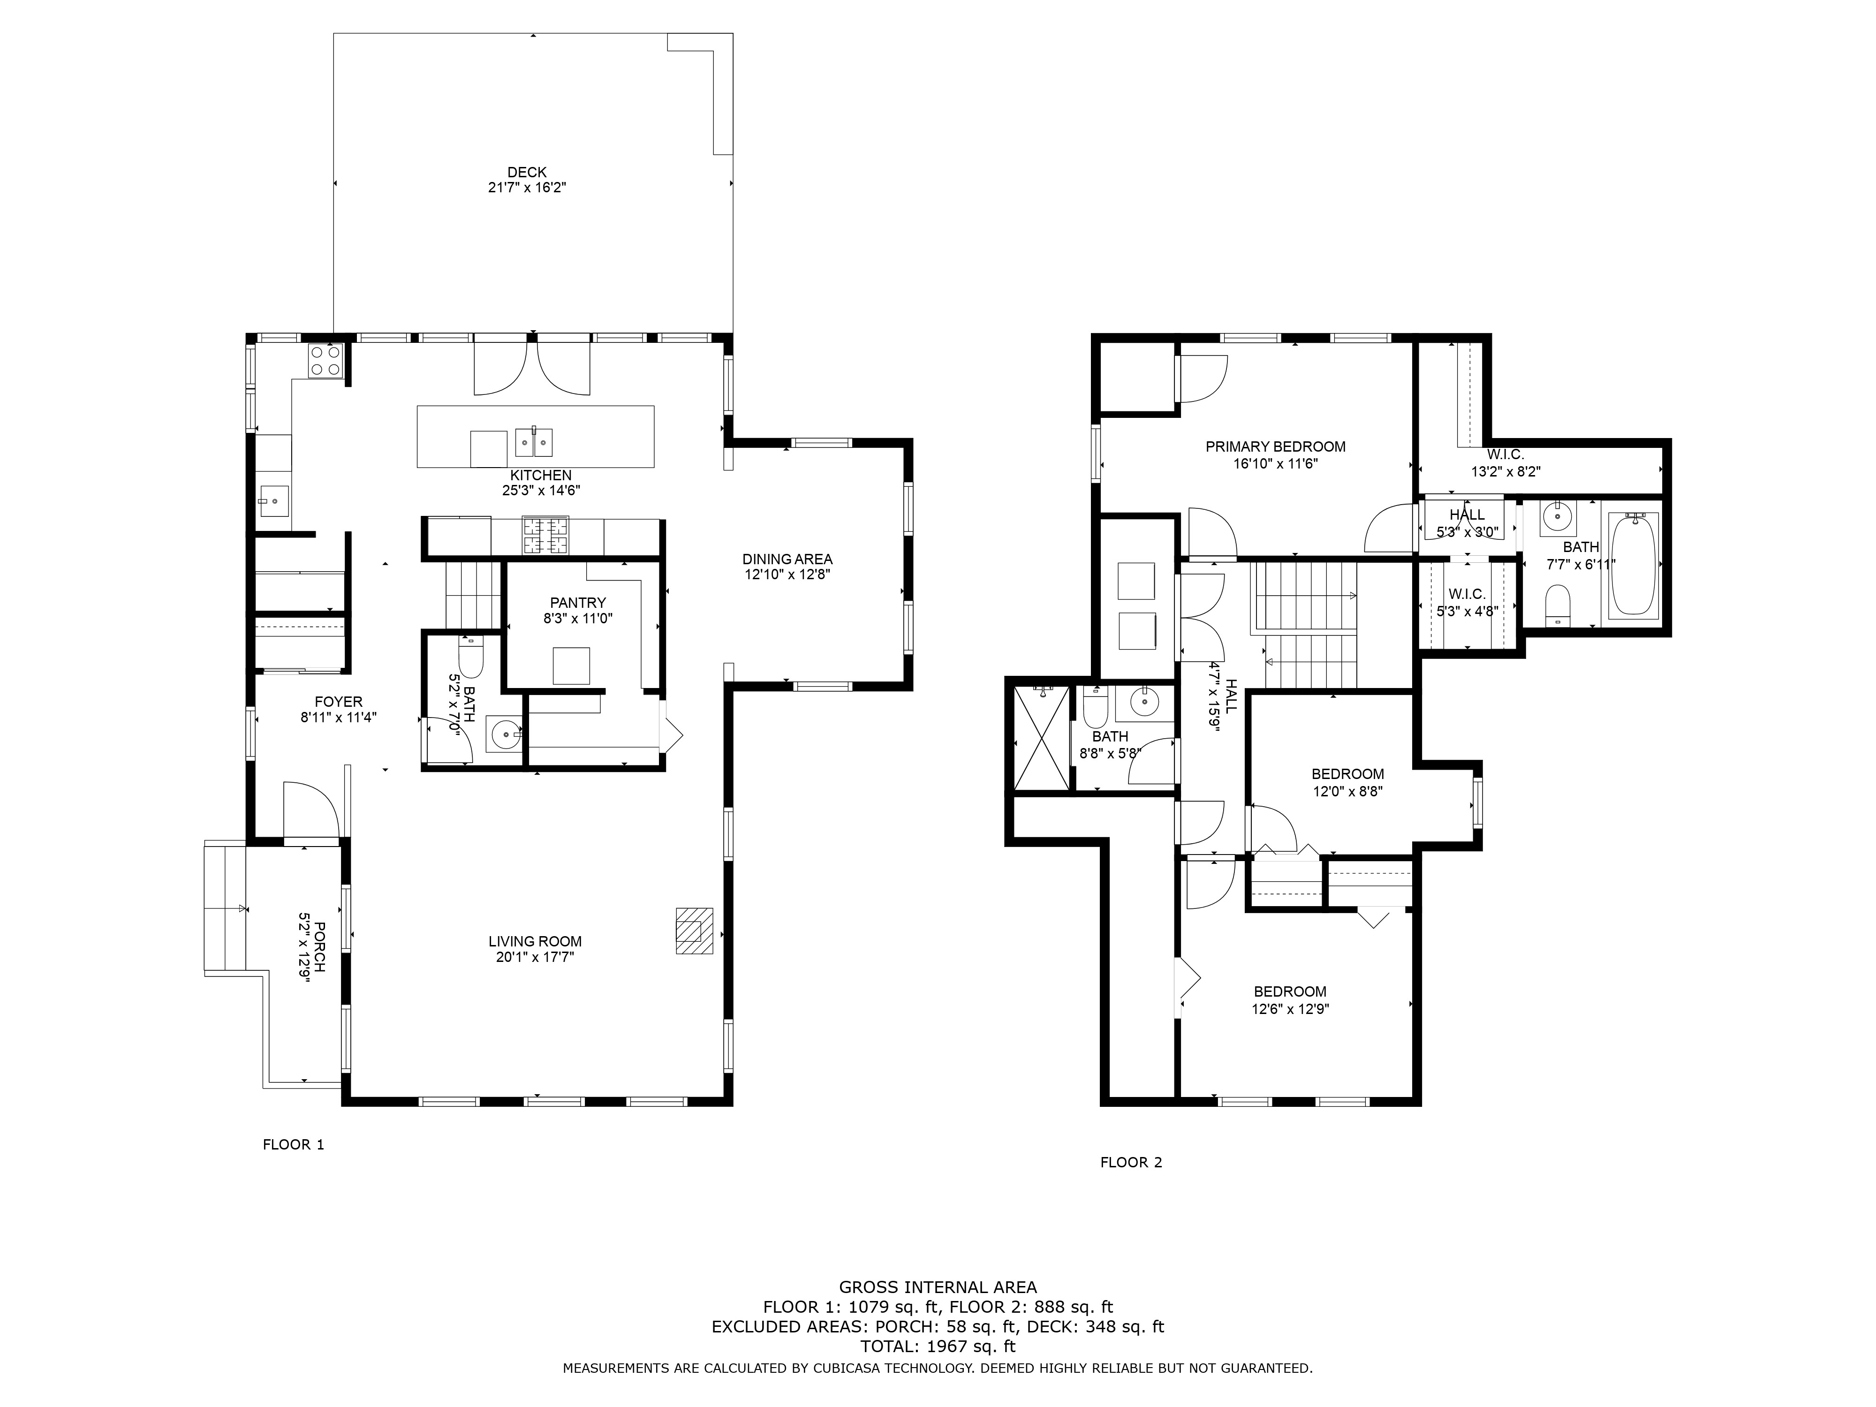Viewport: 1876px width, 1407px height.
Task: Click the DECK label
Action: tap(527, 172)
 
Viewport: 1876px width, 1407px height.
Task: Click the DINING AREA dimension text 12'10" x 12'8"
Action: tap(787, 574)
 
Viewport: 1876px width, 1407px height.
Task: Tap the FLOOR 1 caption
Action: tap(294, 1144)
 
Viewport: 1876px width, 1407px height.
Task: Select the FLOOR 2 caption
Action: tap(1131, 1162)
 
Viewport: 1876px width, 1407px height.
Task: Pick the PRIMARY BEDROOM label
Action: tap(1276, 447)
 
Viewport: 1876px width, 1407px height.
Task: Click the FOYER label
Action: tap(339, 701)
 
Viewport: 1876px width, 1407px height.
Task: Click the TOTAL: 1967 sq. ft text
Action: tap(938, 1346)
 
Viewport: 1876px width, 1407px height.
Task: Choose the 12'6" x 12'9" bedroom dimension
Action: tap(1290, 1009)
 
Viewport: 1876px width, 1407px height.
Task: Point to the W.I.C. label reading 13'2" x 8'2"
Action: tap(1505, 462)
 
